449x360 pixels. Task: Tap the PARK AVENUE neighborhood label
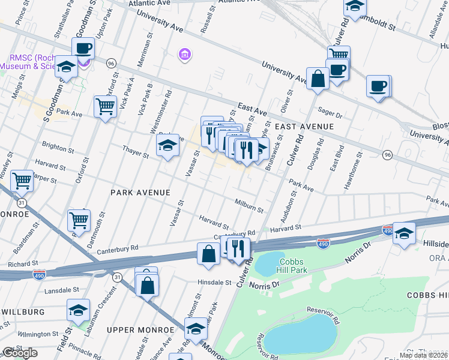tap(140, 193)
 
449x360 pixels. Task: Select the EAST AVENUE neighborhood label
tap(304, 127)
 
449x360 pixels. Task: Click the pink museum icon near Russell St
tap(185, 56)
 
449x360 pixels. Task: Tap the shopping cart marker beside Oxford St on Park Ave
tap(106, 107)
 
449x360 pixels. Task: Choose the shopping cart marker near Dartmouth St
tap(79, 220)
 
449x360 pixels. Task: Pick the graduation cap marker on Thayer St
tap(167, 145)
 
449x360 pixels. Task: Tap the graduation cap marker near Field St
tap(78, 310)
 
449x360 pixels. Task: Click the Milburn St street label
tap(249, 206)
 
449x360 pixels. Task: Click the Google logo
tap(20, 353)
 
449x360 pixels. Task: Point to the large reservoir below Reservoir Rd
tap(299, 334)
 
